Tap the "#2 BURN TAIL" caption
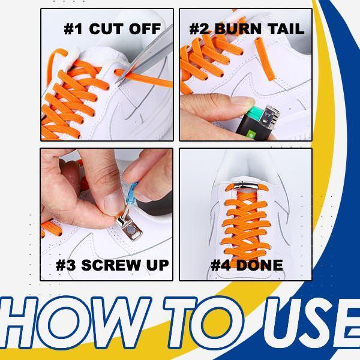(x=247, y=28)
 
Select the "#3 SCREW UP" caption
(x=112, y=265)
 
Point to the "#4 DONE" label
(x=247, y=265)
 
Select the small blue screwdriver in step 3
(x=134, y=192)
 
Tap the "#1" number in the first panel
(x=73, y=28)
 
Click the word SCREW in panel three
(x=108, y=265)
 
